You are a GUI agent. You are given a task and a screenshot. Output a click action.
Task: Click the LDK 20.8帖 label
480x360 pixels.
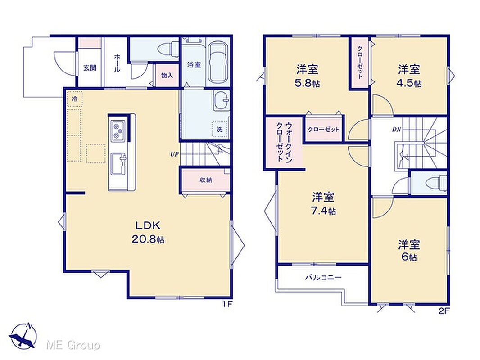point(148,232)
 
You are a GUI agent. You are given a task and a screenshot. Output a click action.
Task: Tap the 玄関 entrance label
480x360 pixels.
point(90,67)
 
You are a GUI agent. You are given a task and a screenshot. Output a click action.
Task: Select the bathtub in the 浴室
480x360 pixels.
point(217,63)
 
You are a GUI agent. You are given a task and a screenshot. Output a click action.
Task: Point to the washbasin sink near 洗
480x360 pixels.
point(222,100)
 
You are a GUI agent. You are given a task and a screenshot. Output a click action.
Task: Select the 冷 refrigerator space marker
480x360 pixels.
point(75,99)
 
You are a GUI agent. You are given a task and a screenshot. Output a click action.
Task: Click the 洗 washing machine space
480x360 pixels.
point(220,129)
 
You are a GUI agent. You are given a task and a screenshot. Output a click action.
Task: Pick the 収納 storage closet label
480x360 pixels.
point(206,180)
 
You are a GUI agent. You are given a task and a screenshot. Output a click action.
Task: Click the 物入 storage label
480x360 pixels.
point(167,75)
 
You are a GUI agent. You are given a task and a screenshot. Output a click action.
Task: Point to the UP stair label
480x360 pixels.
point(175,154)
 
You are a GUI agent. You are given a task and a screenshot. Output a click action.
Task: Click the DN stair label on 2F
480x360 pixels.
point(396,130)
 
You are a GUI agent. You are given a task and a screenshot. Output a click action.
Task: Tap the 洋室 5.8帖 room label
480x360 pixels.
point(307,76)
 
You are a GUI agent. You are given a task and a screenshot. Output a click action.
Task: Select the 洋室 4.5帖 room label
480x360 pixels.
point(409,76)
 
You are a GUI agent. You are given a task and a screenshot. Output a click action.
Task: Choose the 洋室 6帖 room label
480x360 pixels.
point(409,250)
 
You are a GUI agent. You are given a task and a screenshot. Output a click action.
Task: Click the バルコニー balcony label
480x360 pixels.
point(323,278)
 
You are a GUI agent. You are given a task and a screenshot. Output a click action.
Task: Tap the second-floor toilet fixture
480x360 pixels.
point(439,183)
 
